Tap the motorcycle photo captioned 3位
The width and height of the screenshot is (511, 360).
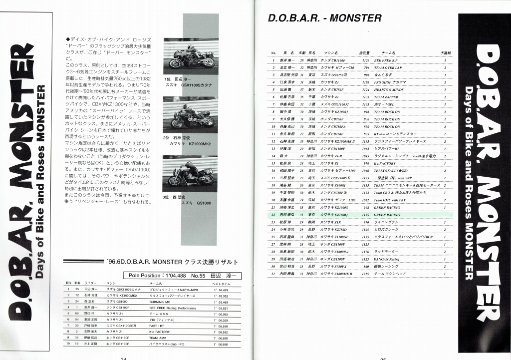pyautogui.click(x=191, y=173)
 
